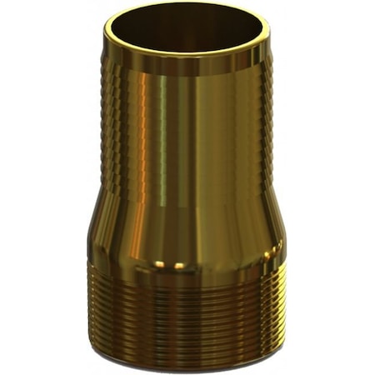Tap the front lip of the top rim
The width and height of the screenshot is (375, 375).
tap(187, 53)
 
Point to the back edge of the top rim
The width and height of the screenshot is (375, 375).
tap(187, 6)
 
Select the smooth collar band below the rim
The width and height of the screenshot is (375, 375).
tap(187, 67)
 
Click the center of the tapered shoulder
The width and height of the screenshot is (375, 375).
tap(187, 229)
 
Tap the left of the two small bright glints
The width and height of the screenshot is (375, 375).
tap(159, 265)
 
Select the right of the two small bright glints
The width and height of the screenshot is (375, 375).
tap(179, 266)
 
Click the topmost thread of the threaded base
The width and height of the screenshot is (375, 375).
tap(187, 275)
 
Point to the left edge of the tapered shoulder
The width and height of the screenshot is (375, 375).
tap(96, 229)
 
